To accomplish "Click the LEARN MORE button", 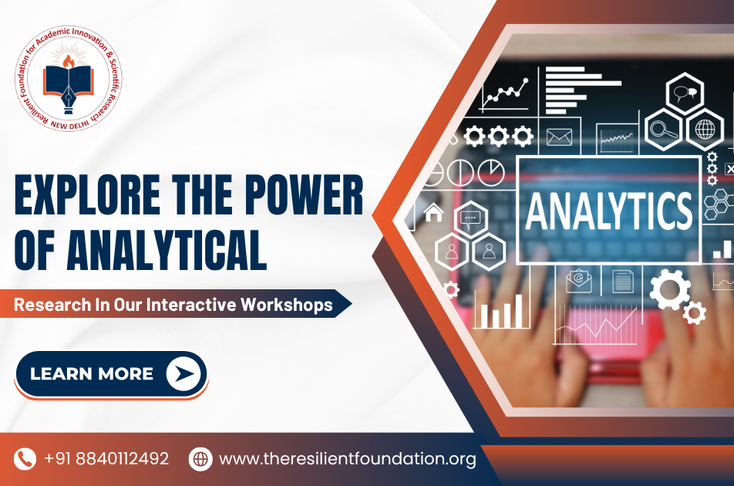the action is [111, 375].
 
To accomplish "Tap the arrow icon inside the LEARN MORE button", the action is [184, 373].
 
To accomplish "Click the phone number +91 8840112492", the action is [106, 458].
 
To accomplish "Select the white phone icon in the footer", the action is [25, 459].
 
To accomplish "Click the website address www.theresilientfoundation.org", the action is [347, 459].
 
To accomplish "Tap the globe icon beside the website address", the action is [200, 459].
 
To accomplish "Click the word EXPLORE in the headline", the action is [87, 194].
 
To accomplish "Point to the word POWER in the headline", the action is [304, 194].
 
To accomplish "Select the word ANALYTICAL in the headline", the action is [167, 249].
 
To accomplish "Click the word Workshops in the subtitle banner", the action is [287, 305].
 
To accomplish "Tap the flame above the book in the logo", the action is [69, 62].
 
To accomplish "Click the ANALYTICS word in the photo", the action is [608, 211].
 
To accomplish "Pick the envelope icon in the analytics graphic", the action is [560, 137].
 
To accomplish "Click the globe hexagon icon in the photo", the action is [705, 130].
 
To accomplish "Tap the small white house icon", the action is [433, 212].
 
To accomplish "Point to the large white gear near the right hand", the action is [669, 289].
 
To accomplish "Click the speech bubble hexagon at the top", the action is [685, 93].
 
